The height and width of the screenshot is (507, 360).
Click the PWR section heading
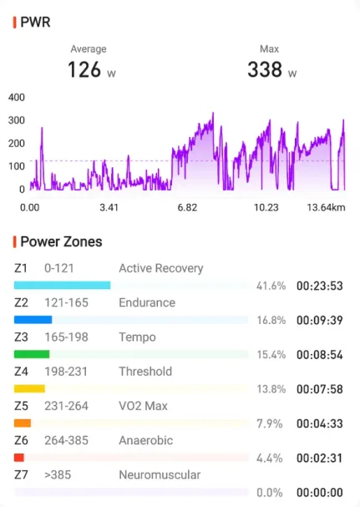[x=35, y=23]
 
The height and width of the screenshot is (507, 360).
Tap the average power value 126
[x=84, y=69]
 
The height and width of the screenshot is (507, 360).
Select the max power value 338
[x=265, y=69]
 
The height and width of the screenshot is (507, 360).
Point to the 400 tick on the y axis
[x=17, y=98]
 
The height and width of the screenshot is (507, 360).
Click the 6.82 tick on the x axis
[x=187, y=207]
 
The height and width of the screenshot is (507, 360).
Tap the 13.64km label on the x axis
[x=326, y=207]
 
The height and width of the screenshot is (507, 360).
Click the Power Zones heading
[x=61, y=242]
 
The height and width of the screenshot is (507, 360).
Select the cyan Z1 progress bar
[x=62, y=285]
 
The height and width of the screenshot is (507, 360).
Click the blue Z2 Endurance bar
[x=33, y=320]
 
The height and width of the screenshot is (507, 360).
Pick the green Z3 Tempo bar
[x=32, y=354]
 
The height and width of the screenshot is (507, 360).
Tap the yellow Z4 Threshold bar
[x=29, y=388]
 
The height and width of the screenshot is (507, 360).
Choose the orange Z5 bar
[x=23, y=423]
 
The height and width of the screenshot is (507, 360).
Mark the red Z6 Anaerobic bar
[x=19, y=458]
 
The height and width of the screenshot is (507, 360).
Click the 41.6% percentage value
[x=271, y=286]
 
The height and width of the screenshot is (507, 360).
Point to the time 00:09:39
[x=320, y=320]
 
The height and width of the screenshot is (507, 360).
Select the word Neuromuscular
[x=160, y=474]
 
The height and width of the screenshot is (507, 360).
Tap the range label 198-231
[x=66, y=372]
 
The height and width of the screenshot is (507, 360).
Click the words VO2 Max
[x=144, y=406]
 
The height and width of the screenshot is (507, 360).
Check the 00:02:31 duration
[x=320, y=459]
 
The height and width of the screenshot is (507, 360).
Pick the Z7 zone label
[x=21, y=474]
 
